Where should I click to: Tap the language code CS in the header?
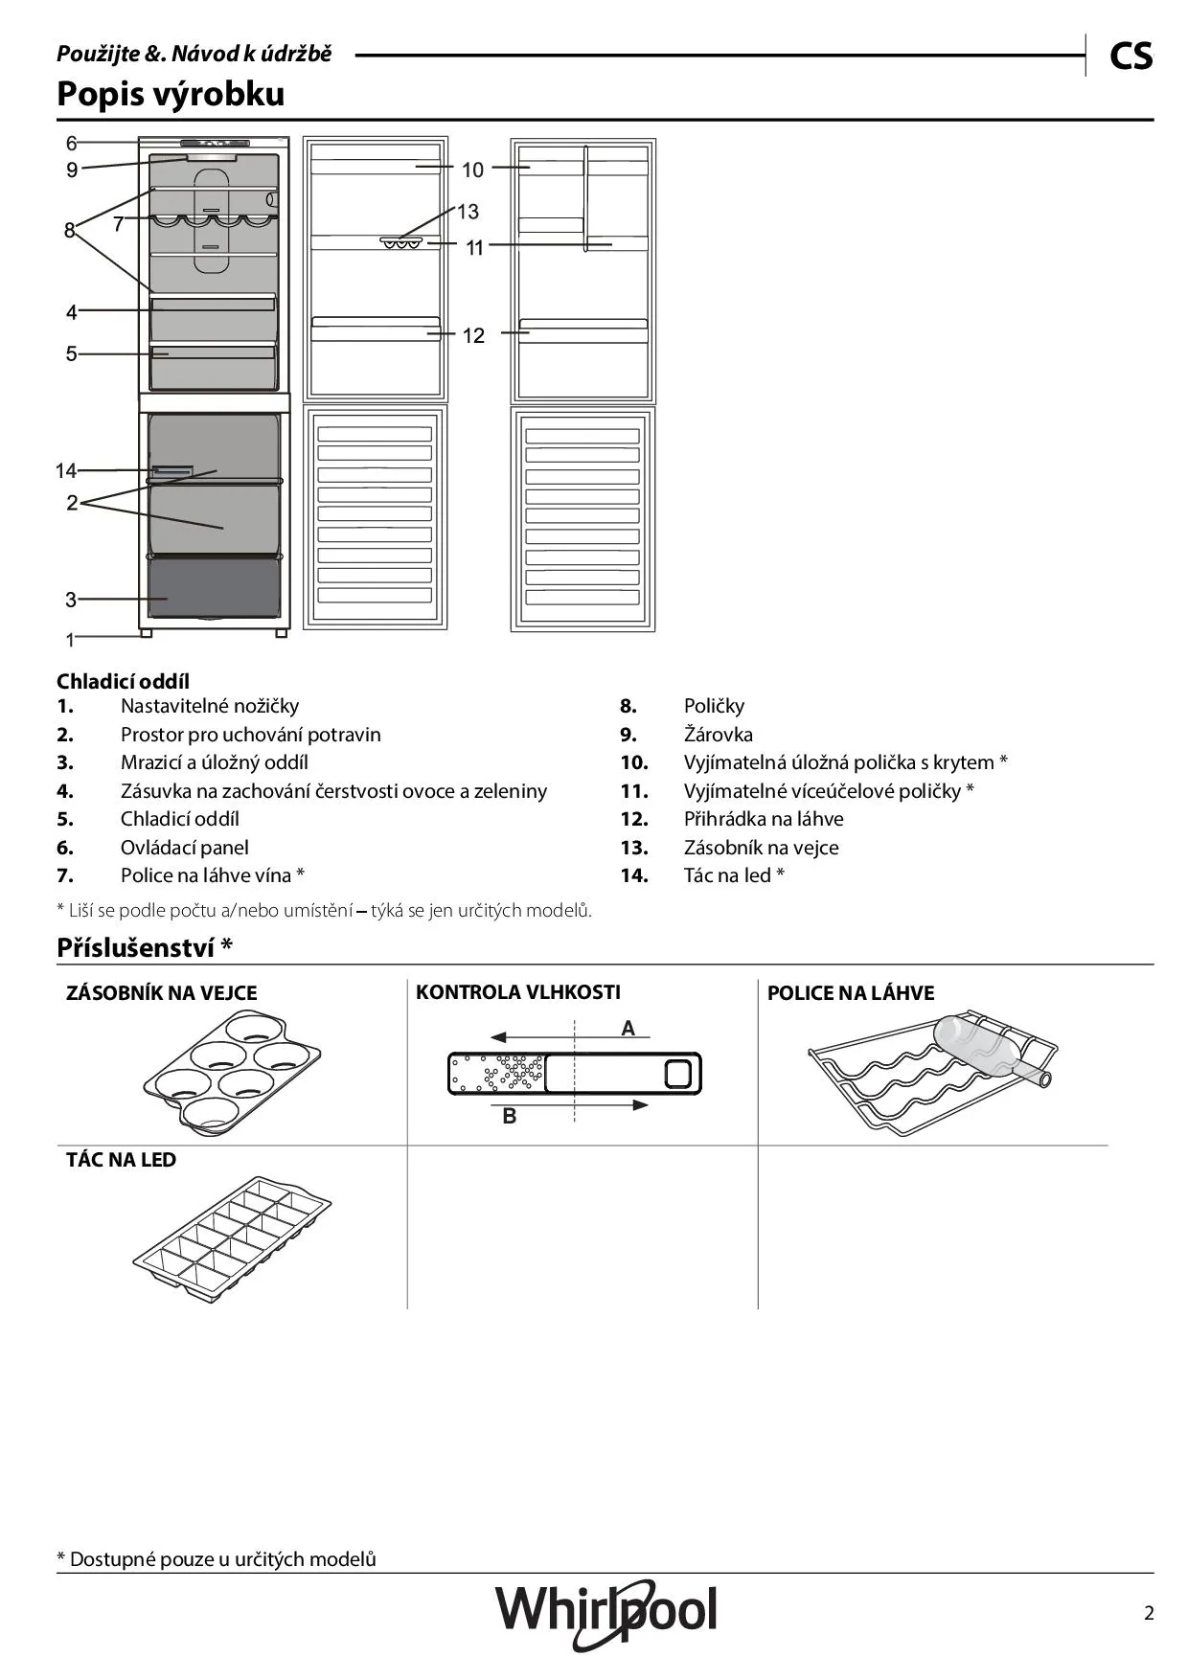pyautogui.click(x=1131, y=57)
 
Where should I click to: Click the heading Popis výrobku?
pyautogui.click(x=171, y=94)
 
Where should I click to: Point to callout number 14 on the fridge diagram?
pyautogui.click(x=65, y=471)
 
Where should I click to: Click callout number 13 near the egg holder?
pyautogui.click(x=468, y=212)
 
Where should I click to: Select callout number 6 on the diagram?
pyautogui.click(x=72, y=144)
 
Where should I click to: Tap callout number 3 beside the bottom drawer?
pyautogui.click(x=71, y=601)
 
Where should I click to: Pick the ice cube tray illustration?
pyautogui.click(x=232, y=1234)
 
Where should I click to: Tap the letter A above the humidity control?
pyautogui.click(x=628, y=1029)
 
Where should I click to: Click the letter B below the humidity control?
pyautogui.click(x=510, y=1116)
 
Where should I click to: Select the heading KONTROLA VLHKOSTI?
pyautogui.click(x=518, y=992)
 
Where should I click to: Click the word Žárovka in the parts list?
pyautogui.click(x=718, y=735)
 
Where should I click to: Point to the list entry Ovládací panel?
pyautogui.click(x=184, y=848)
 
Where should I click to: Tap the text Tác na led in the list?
pyautogui.click(x=727, y=875)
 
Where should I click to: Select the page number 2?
pyautogui.click(x=1149, y=1613)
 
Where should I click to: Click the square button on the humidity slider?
pyautogui.click(x=677, y=1074)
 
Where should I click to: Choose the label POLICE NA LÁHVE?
pyautogui.click(x=851, y=993)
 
